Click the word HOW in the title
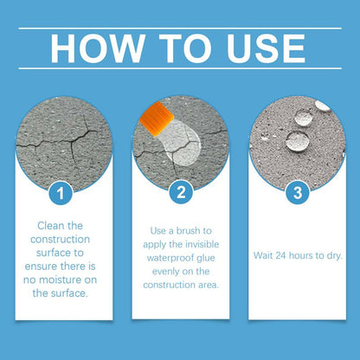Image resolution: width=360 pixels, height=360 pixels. coord(97,48)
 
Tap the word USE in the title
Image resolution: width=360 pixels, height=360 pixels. coord(266,48)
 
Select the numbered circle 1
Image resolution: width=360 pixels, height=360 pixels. coord(61,193)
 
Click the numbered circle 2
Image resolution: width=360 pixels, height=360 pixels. coord(181,192)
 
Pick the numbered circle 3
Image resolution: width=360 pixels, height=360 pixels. coord(298,193)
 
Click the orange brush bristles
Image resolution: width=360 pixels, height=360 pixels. coord(157,119)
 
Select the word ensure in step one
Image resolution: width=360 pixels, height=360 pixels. coord(41,267)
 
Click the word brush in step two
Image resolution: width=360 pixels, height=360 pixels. coord(189,231)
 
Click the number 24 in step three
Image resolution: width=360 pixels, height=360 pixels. coord(280,255)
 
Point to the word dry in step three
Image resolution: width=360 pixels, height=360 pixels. coord(335,256)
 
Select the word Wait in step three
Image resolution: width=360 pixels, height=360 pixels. coord(262,255)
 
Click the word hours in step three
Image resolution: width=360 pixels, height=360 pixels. coord(300,255)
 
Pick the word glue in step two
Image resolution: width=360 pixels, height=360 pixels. coord(205,258)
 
